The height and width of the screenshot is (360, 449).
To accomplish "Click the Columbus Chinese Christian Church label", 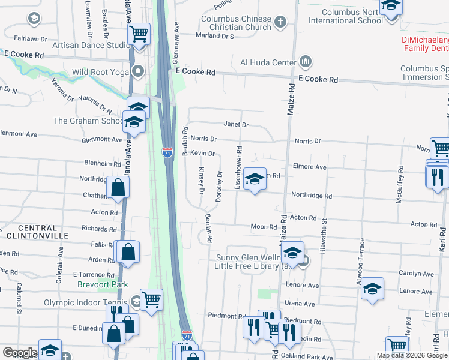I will coord(235,23).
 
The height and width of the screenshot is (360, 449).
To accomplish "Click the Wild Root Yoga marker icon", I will coord(138,73).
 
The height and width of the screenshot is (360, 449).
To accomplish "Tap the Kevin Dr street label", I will coord(203,153).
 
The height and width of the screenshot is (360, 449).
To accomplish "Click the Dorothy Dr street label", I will coord(220,186).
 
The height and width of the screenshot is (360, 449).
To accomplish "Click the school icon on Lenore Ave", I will coord(372,289).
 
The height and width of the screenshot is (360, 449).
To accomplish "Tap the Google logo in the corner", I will coord(20,353).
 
